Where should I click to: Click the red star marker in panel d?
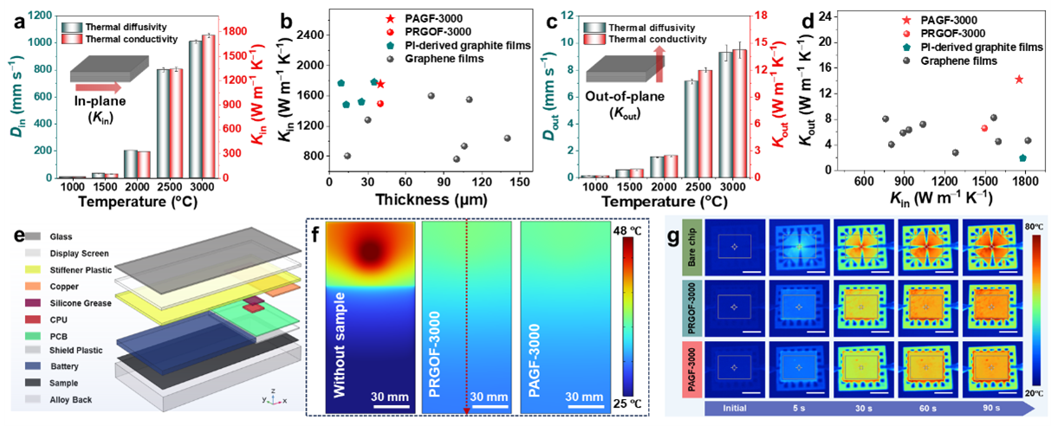tap(1019, 80)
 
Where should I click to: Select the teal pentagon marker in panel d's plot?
tap(1022, 158)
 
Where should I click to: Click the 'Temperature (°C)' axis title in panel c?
tap(660, 202)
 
